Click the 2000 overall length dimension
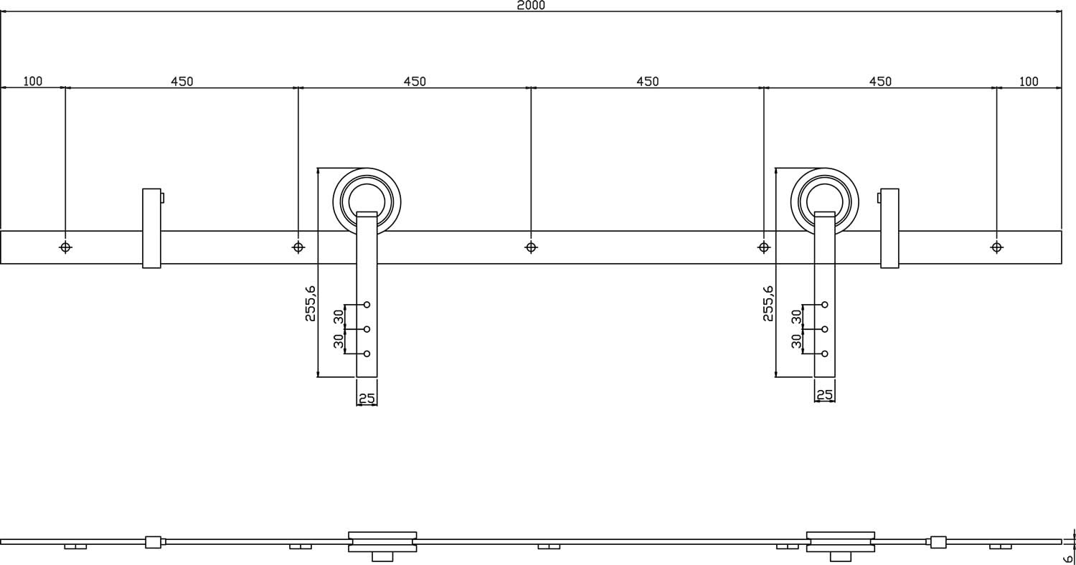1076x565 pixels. pyautogui.click(x=531, y=6)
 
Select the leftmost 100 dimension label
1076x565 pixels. pyautogui.click(x=32, y=81)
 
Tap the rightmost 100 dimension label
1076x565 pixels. pyautogui.click(x=1029, y=81)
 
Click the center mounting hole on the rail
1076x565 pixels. pyautogui.click(x=531, y=247)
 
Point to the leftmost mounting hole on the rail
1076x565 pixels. pyautogui.click(x=65, y=247)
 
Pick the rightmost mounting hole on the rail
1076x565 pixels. pyautogui.click(x=996, y=247)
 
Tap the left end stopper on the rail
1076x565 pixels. pyautogui.click(x=151, y=228)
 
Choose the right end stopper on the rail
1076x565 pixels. pyautogui.click(x=889, y=228)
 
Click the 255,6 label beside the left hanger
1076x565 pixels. pyautogui.click(x=311, y=303)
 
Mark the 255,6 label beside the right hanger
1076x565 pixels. pyautogui.click(x=768, y=303)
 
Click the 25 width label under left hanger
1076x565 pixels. pyautogui.click(x=367, y=398)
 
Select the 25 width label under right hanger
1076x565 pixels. pyautogui.click(x=824, y=394)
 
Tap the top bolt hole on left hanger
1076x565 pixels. pyautogui.click(x=367, y=305)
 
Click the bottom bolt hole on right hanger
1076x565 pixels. pyautogui.click(x=825, y=353)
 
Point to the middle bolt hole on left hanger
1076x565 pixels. pyautogui.click(x=367, y=329)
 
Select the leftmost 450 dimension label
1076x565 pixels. pyautogui.click(x=181, y=81)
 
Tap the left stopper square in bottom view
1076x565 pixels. pyautogui.click(x=153, y=542)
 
